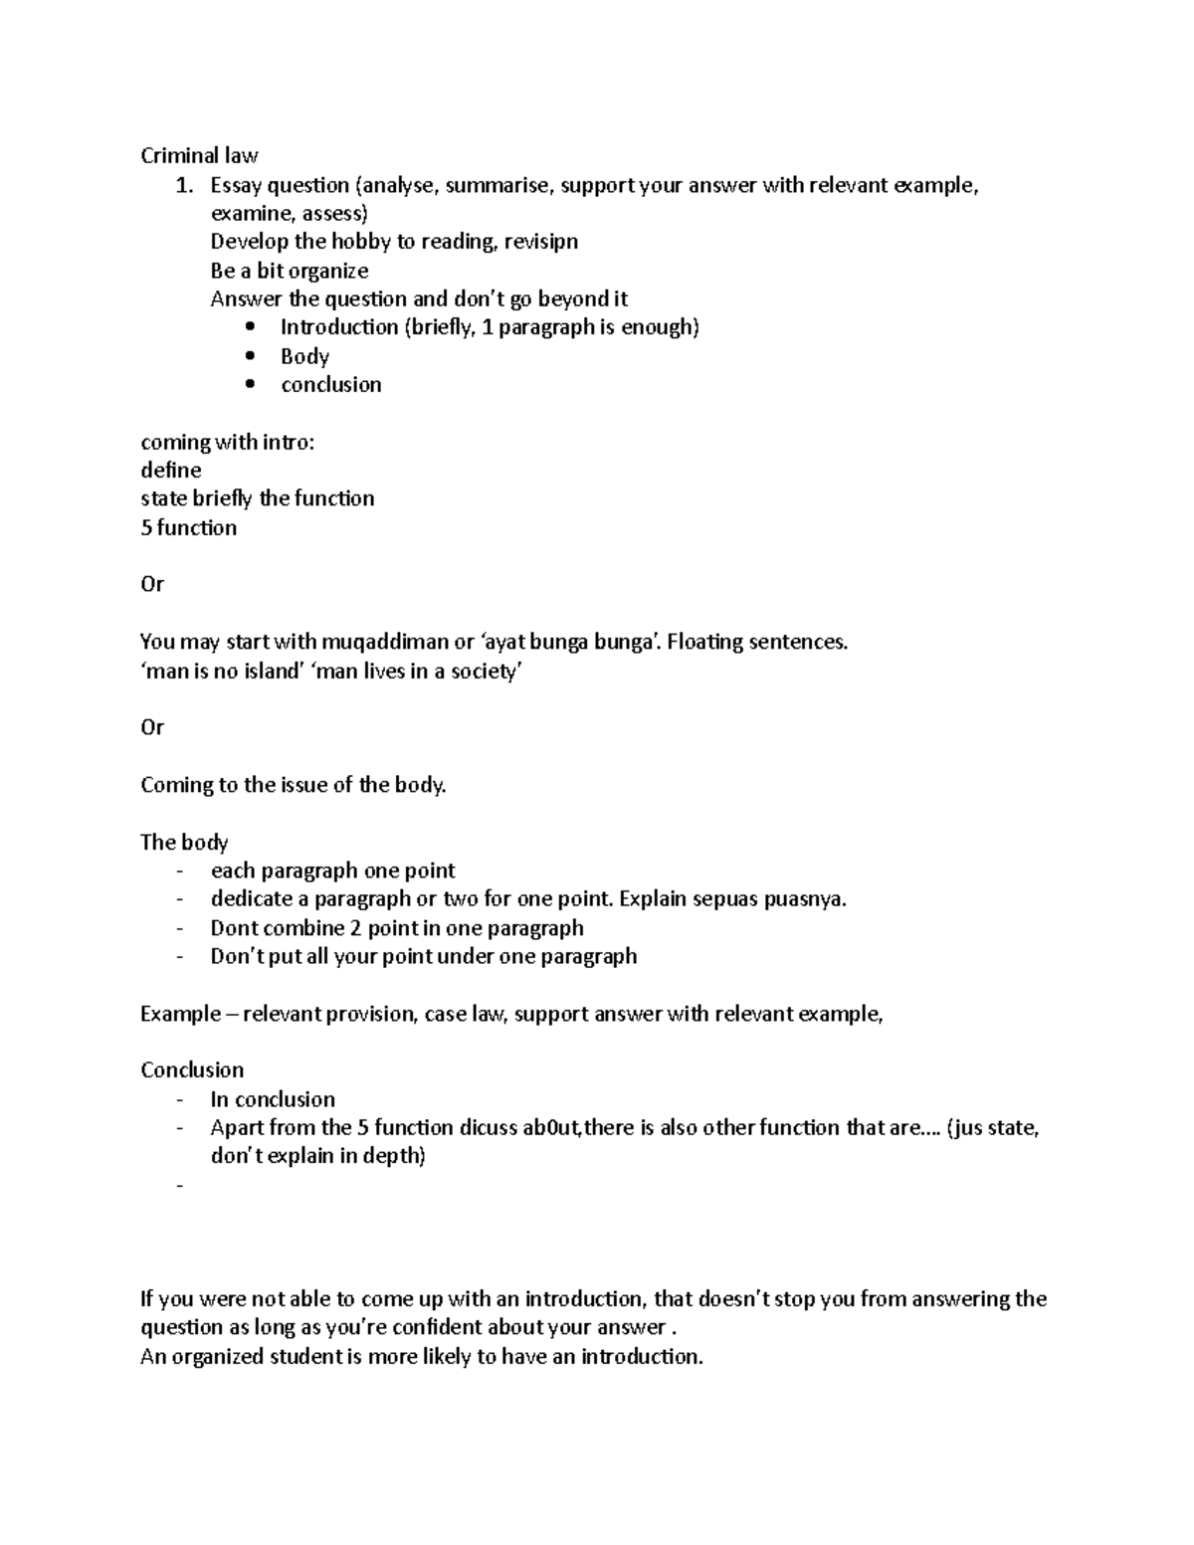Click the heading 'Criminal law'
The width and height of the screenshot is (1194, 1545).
[199, 155]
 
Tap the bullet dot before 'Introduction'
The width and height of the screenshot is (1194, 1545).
[250, 327]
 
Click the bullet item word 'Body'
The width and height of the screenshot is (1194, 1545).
[304, 356]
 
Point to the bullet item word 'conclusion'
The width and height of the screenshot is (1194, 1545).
[331, 385]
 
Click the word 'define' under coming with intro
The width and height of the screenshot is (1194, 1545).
[171, 470]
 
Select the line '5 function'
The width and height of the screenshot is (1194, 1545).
[189, 527]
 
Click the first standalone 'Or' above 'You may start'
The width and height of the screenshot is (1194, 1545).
[152, 584]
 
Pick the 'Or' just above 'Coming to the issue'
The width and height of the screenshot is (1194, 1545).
[152, 727]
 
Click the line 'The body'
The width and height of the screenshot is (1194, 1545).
[184, 843]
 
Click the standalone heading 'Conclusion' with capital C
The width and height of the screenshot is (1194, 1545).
[192, 1070]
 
